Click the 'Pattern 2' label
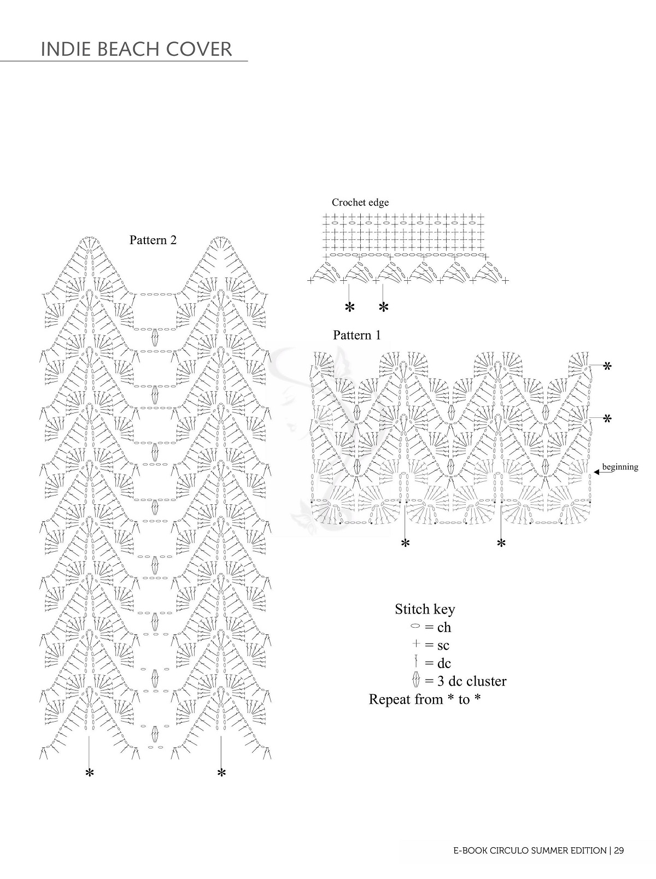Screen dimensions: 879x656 (153, 240)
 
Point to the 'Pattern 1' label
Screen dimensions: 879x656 (357, 335)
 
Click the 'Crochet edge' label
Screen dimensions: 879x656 (360, 202)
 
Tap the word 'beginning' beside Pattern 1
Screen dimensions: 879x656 (620, 467)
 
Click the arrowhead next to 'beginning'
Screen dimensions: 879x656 (596, 472)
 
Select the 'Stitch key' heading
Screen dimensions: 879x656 (425, 609)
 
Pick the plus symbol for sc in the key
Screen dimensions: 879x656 (416, 644)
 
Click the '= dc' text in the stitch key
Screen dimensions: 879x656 (438, 663)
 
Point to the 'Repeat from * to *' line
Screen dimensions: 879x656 (425, 699)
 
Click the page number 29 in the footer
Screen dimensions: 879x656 (619, 850)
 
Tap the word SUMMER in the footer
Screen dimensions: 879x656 (538, 851)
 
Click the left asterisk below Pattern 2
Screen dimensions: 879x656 (89, 774)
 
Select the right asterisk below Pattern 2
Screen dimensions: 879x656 (221, 774)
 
